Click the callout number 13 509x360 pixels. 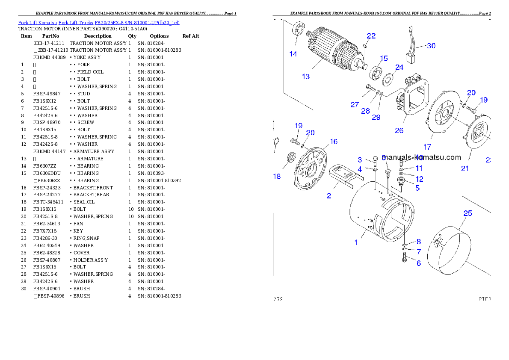[305, 77]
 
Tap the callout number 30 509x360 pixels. [431, 46]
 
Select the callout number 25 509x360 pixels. [468, 213]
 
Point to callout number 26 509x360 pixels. [399, 130]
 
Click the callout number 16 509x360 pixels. [334, 142]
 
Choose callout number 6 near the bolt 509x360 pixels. [418, 263]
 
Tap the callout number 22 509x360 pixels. [371, 36]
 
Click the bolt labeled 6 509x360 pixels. [405, 257]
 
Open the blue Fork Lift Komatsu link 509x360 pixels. [99, 23]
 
